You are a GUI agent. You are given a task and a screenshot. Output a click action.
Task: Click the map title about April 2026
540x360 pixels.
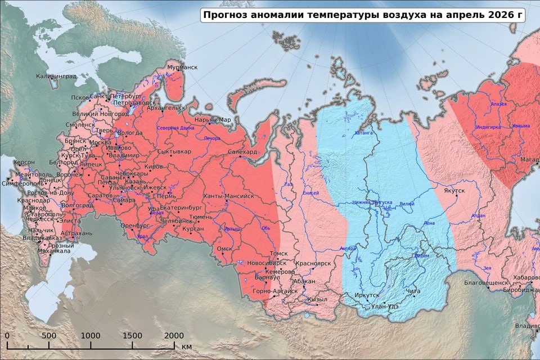[x=362, y=15]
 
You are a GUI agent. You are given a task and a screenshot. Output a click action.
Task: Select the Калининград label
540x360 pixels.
[x=56, y=76]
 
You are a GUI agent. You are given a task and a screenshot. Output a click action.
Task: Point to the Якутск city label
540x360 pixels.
[x=454, y=191]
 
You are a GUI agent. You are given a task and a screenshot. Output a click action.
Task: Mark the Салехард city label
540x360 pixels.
[x=242, y=152]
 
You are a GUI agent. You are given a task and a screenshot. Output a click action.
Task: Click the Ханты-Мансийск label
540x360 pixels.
[x=228, y=196]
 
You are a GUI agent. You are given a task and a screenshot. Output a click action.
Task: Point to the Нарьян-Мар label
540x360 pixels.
[x=212, y=120]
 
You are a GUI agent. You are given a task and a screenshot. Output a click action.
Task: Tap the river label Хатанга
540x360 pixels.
[x=363, y=133]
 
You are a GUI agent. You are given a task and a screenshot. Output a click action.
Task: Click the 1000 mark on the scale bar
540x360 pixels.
[x=90, y=336]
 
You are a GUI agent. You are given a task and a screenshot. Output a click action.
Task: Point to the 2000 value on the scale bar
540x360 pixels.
[x=174, y=336]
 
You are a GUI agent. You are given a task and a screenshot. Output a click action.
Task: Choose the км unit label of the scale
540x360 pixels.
[x=187, y=345]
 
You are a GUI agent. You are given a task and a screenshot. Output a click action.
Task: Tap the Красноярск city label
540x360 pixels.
[x=312, y=263]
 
